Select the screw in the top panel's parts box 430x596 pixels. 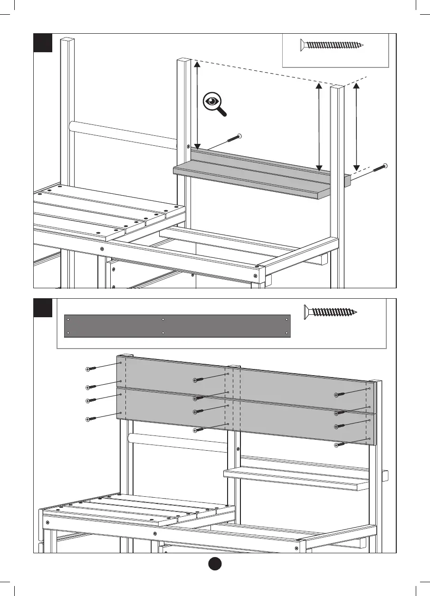point(332,45)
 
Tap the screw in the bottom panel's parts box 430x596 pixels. point(331,312)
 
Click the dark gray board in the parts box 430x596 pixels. point(177,326)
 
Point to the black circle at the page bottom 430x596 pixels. point(215,565)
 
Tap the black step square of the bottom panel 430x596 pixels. point(42,308)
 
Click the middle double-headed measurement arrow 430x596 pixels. point(319,126)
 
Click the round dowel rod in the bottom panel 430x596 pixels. point(178,442)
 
